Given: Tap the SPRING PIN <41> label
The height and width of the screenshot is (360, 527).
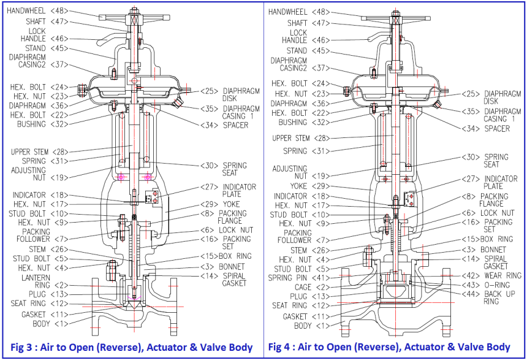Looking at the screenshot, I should pyautogui.click(x=295, y=278).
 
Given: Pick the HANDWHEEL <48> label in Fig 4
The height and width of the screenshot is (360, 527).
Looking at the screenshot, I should pyautogui.click(x=300, y=12).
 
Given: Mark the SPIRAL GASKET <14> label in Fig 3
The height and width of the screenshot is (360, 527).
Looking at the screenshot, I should pyautogui.click(x=226, y=280).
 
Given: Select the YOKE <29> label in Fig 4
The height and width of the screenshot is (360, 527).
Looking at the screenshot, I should pyautogui.click(x=312, y=186).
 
